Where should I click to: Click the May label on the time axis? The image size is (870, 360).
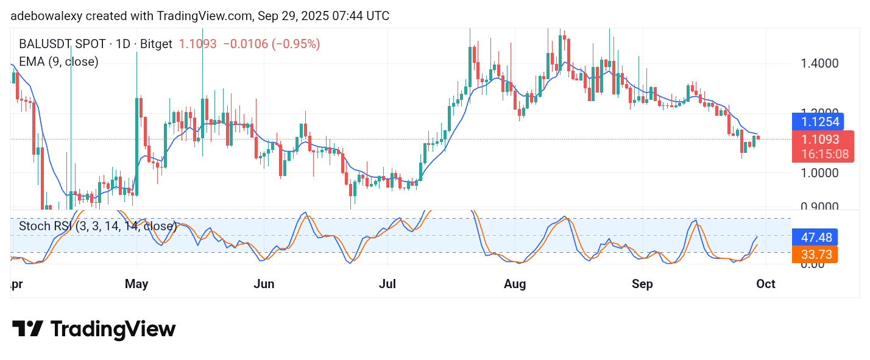coord(136,284)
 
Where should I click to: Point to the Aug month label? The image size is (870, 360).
coord(515,284)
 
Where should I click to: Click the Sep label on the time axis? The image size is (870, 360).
coord(642,284)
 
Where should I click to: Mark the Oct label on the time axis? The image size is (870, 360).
coord(765,284)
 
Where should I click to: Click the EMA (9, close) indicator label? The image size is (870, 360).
coord(58,62)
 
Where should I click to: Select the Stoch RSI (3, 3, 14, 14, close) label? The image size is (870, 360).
coord(97,227)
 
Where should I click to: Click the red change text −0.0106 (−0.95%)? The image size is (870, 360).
coord(271,44)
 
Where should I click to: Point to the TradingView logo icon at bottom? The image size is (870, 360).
coord(27,329)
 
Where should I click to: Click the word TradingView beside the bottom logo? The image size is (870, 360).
coord(113,329)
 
